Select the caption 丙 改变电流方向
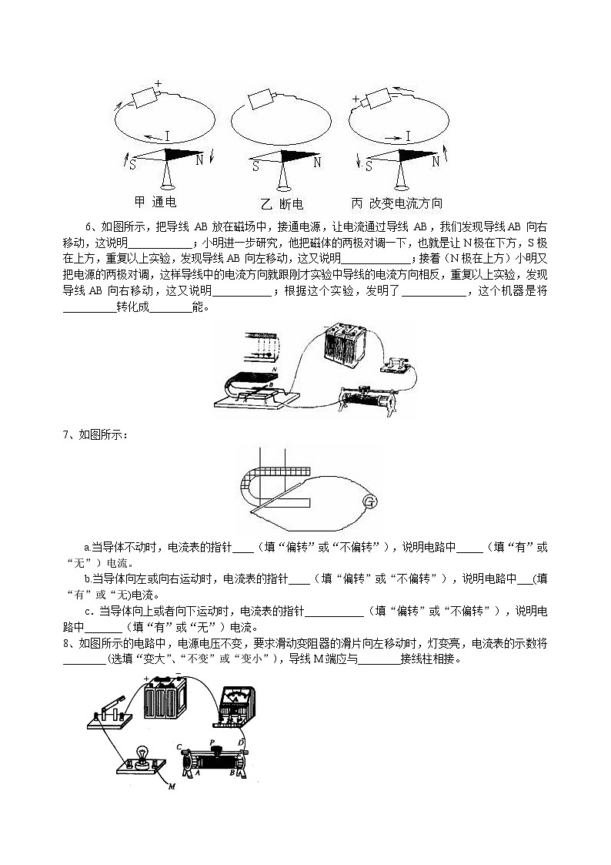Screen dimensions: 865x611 396,203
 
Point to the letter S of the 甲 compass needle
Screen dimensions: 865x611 132,164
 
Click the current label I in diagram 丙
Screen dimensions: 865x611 408,136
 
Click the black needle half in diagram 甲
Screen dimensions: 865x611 185,154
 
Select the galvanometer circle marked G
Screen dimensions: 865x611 369,503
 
